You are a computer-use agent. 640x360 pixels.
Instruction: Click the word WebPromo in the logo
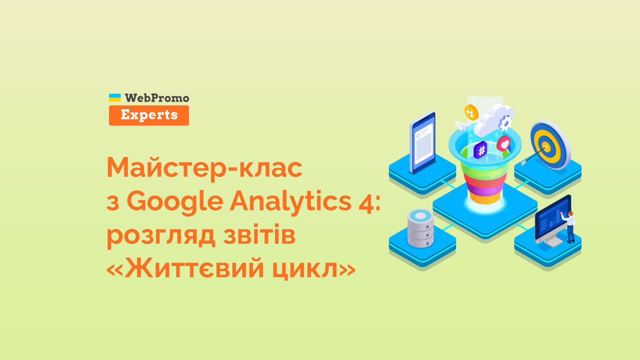[157, 98]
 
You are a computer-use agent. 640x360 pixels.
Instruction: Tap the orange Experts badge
[149, 115]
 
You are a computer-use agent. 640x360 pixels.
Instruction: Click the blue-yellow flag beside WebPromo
[115, 97]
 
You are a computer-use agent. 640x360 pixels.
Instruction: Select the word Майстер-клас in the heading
[204, 168]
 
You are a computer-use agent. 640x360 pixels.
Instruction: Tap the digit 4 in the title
[366, 201]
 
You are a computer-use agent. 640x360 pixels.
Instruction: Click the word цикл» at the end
[313, 269]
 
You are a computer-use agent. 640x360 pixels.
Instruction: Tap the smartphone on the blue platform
[422, 142]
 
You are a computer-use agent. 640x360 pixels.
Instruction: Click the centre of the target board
[547, 146]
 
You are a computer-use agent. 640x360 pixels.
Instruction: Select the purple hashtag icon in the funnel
[480, 149]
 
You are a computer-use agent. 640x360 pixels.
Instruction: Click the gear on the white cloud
[505, 122]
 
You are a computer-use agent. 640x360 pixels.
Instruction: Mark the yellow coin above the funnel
[471, 112]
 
